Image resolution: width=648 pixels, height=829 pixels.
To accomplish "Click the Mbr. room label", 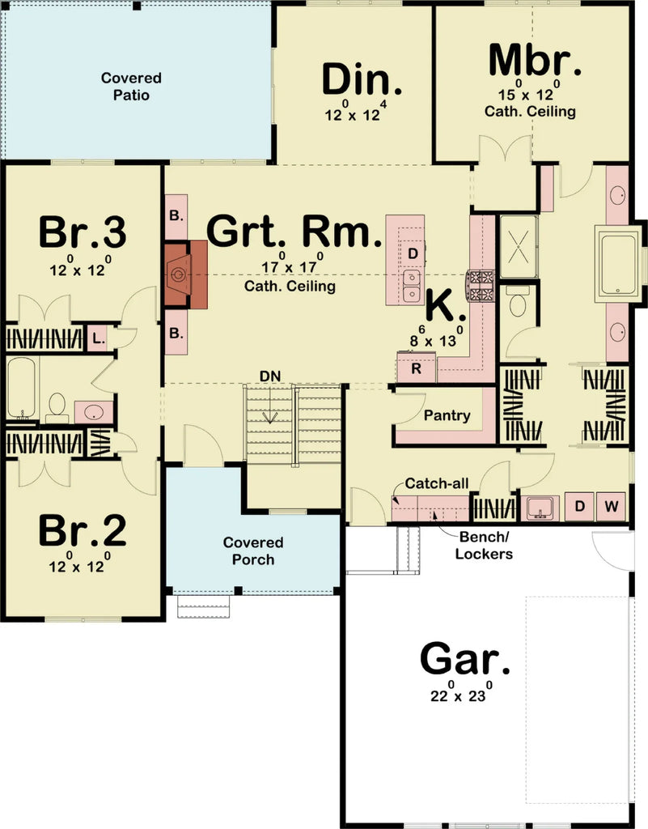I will pos(535,60).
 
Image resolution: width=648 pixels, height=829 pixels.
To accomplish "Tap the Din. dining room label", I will pos(362,80).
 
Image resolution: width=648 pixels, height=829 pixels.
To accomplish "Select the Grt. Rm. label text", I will pos(294,232).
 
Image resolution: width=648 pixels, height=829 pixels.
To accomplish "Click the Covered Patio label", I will pos(131,87).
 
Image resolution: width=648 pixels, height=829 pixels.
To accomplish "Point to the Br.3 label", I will pos(83,233).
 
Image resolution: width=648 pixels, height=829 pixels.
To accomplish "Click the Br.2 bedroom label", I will pos(83,532).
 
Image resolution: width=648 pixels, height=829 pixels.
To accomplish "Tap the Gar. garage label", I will pos(465,659).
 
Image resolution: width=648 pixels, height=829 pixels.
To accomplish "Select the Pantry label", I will pos(447,415).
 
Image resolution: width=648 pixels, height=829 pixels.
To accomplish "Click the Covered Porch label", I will pos(253,551).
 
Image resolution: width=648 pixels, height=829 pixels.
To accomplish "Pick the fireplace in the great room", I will pos(185,274).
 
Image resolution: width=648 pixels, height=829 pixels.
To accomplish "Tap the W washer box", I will pos(612,507).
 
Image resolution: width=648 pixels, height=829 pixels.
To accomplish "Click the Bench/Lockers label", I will pos(484,545).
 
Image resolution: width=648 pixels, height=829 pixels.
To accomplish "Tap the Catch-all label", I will pos(437,483).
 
